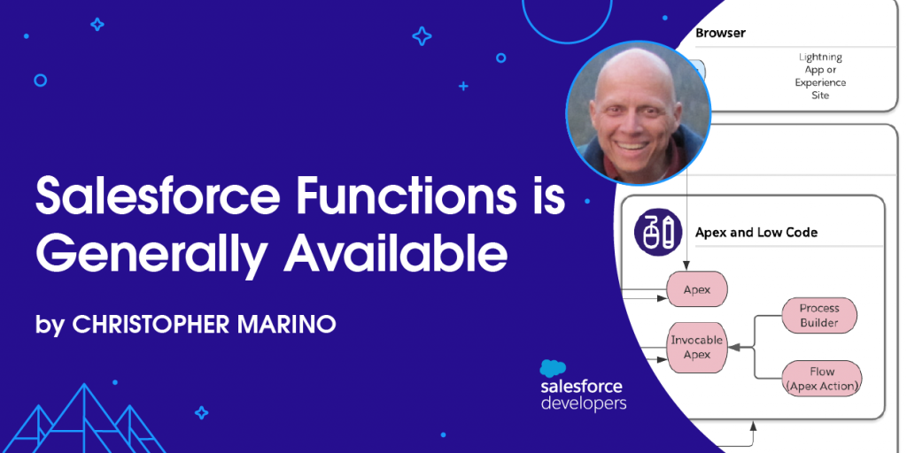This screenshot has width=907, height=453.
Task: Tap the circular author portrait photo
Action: point(638,113)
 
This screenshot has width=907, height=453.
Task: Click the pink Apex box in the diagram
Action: point(697,289)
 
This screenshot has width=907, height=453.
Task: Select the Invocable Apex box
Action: point(696,347)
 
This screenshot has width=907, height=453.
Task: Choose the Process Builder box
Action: point(819,316)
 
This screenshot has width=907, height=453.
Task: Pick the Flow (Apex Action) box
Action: point(822,379)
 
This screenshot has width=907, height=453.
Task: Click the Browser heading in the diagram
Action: point(720,33)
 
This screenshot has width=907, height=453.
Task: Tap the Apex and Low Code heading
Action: point(756,233)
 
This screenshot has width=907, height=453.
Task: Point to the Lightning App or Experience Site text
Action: point(820,76)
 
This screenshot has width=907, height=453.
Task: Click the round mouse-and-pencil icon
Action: point(659,233)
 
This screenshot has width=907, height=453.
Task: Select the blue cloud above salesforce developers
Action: point(554,368)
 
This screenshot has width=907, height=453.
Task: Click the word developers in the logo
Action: point(584,403)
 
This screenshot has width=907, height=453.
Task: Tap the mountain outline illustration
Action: point(83,418)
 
